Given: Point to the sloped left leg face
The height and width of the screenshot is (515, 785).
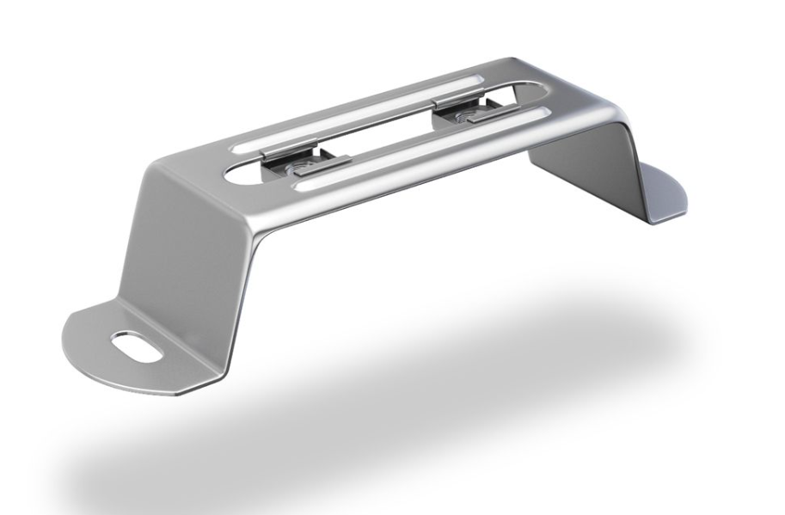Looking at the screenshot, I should click(x=185, y=249).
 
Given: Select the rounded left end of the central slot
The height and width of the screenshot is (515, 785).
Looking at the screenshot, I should click(x=245, y=173).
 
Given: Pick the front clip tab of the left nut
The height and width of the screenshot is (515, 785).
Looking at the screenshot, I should click(x=322, y=164).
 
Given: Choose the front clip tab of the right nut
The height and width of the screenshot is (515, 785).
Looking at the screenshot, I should click(x=486, y=118).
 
